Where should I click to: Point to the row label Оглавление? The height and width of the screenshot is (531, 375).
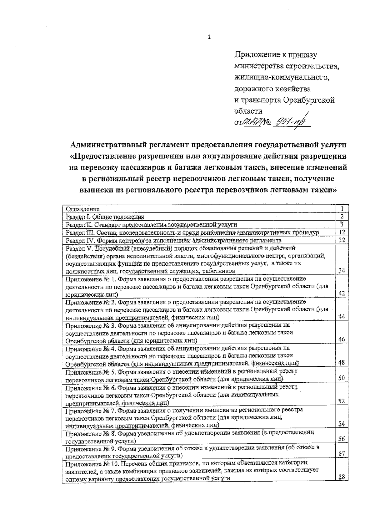[x=83, y=209]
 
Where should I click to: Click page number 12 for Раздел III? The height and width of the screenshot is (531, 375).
[x=342, y=232]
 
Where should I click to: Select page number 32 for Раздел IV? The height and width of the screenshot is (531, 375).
[x=342, y=240]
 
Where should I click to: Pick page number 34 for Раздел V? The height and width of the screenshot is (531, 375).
[x=342, y=270]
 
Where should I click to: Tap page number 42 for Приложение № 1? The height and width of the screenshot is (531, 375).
[x=342, y=293]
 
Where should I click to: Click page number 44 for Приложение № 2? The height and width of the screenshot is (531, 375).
[x=342, y=316]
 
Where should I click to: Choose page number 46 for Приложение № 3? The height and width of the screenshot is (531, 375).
[x=342, y=339]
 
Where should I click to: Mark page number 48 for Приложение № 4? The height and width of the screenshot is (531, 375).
[x=342, y=362]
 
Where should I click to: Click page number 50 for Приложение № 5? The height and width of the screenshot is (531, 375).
[x=342, y=378]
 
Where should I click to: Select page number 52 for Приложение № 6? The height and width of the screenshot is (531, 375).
[x=342, y=401]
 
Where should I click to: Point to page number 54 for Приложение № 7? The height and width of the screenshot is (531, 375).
[x=342, y=424]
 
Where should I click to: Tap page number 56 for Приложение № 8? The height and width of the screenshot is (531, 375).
[x=342, y=439]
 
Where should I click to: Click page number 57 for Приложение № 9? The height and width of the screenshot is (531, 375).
[x=342, y=454]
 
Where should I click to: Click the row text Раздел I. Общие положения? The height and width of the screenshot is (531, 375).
[x=105, y=217]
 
